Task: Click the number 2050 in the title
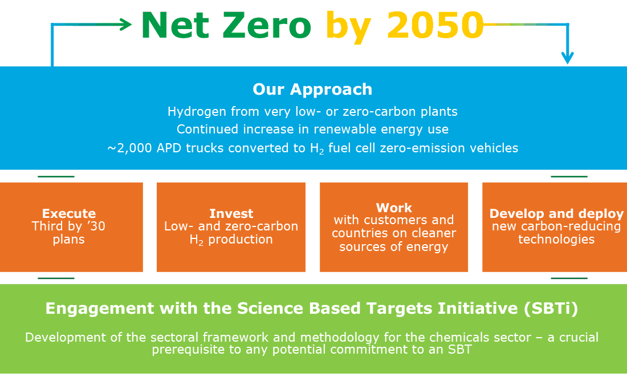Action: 435,25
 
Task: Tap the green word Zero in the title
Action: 267,25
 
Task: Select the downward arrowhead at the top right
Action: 567,58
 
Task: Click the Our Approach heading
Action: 312,89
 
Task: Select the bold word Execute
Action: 69,213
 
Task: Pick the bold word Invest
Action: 231,213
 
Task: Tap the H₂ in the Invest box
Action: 196,240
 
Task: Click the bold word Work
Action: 394,208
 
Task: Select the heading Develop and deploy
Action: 556,214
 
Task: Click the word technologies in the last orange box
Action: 556,240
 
